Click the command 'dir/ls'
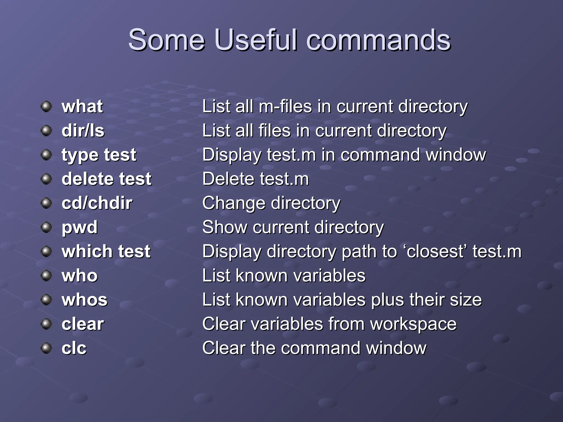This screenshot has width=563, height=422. click(x=83, y=131)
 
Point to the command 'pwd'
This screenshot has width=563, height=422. click(x=79, y=227)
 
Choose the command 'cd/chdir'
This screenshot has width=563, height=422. click(x=97, y=203)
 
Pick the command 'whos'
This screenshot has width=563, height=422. click(x=84, y=300)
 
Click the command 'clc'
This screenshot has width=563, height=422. click(x=74, y=348)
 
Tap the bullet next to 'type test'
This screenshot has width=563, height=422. click(x=46, y=155)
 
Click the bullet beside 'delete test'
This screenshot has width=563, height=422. click(x=46, y=179)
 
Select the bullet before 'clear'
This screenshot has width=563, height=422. click(x=46, y=324)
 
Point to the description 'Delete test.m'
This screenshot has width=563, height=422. click(x=255, y=179)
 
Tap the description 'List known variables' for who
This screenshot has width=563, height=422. click(x=284, y=276)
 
